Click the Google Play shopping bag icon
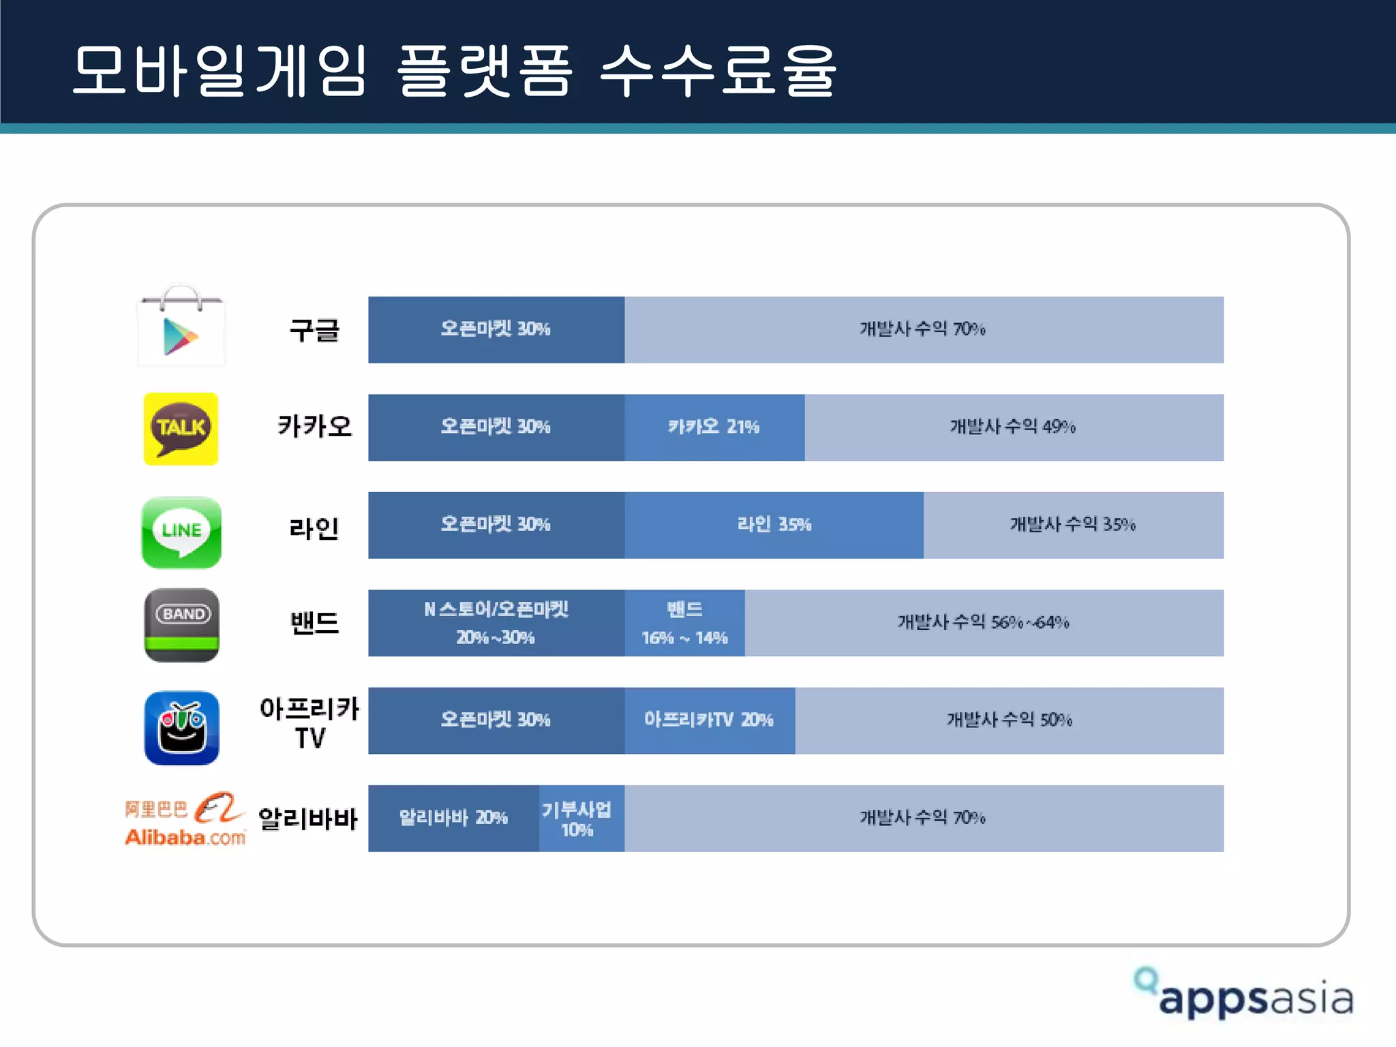coord(181,327)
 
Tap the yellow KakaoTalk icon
coord(181,428)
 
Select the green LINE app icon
coord(181,532)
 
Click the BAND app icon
coord(181,624)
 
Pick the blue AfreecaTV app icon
coord(181,727)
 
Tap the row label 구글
coord(314,330)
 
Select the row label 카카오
coord(314,427)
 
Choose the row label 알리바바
coord(308,818)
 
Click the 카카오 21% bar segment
coord(714,427)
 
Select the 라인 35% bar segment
coord(774,525)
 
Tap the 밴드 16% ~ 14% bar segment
coord(684,623)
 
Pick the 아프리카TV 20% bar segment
coord(709,720)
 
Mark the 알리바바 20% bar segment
coord(453,818)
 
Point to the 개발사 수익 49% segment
coord(1014,427)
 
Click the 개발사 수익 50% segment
coord(1009,720)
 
